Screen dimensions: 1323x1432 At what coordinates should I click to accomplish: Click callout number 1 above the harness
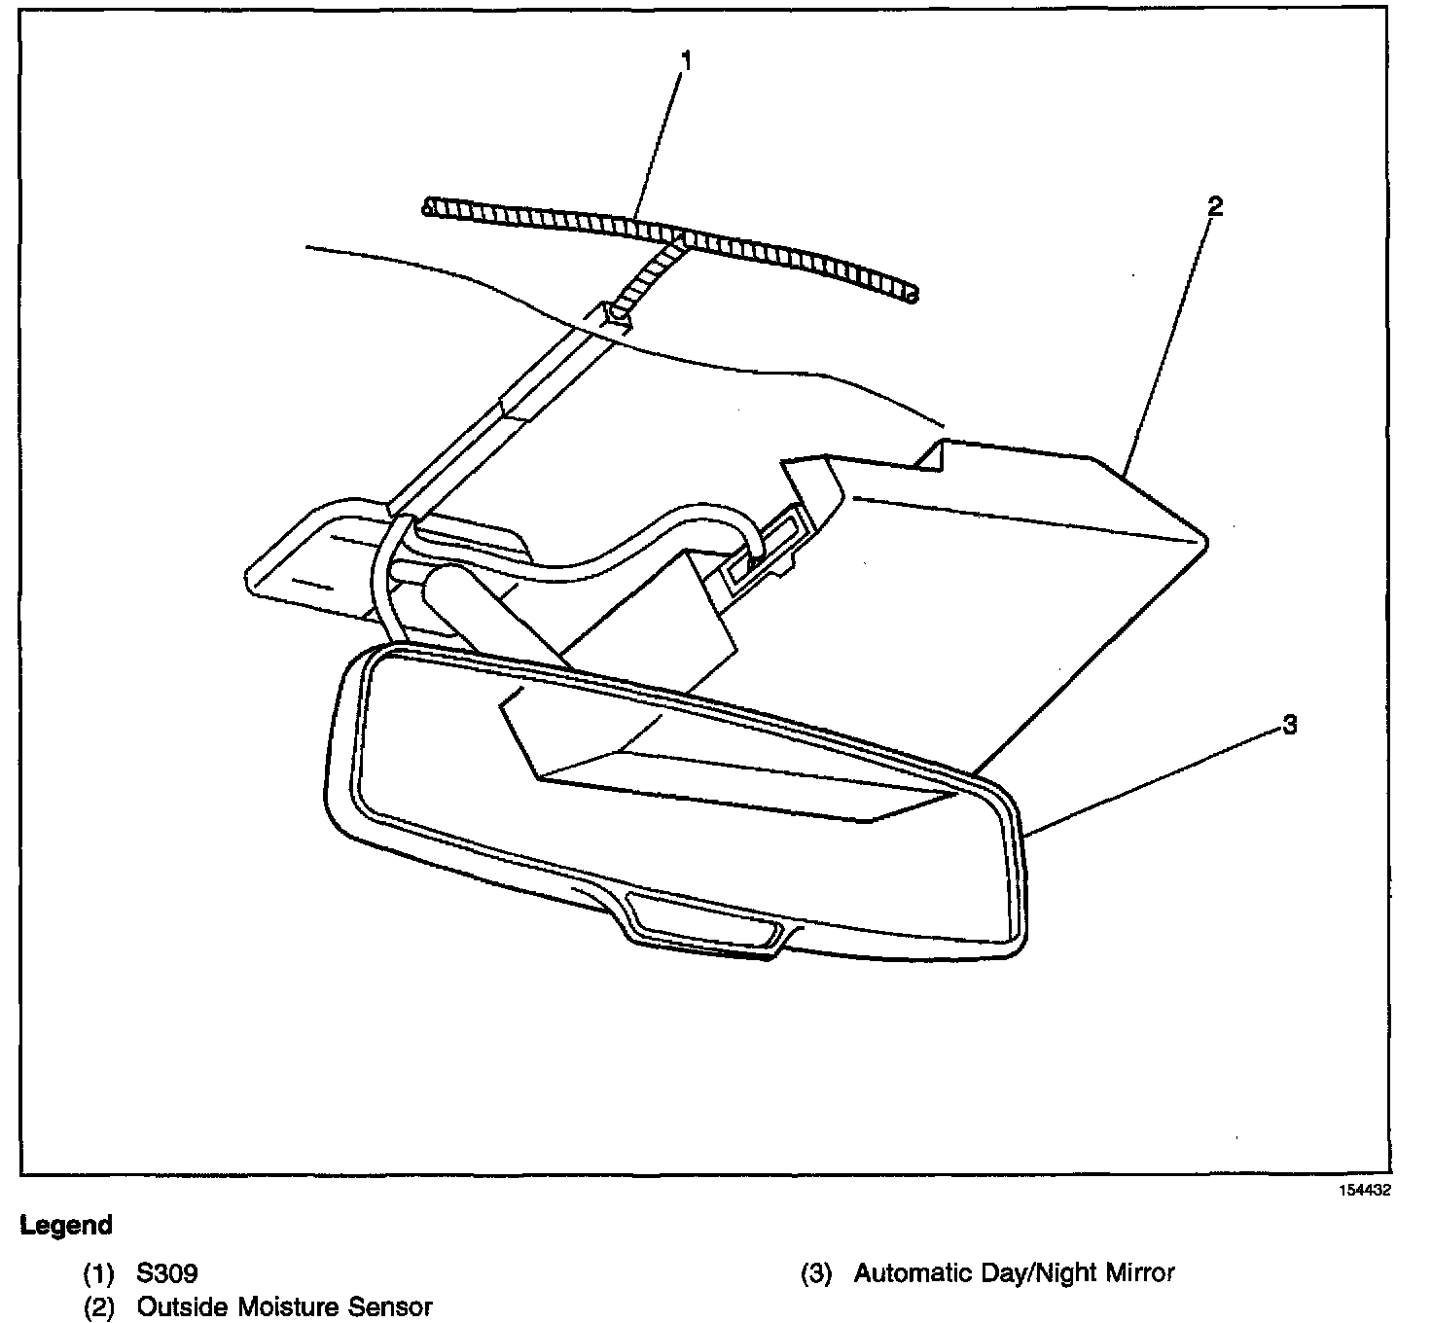(686, 61)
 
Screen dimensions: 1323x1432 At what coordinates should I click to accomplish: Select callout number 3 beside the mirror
(1289, 725)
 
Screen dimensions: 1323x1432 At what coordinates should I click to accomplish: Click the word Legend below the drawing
(66, 1226)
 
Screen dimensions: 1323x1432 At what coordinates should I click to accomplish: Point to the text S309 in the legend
(167, 1273)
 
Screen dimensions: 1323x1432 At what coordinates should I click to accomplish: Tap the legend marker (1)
(98, 1273)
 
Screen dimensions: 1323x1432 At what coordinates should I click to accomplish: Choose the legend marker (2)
(98, 1306)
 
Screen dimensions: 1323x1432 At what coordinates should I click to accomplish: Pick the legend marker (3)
(816, 1273)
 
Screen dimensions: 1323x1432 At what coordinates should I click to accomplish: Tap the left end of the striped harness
(429, 205)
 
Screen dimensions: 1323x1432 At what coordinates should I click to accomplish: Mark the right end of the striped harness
(911, 294)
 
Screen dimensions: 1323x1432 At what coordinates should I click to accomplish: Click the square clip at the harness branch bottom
(618, 313)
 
